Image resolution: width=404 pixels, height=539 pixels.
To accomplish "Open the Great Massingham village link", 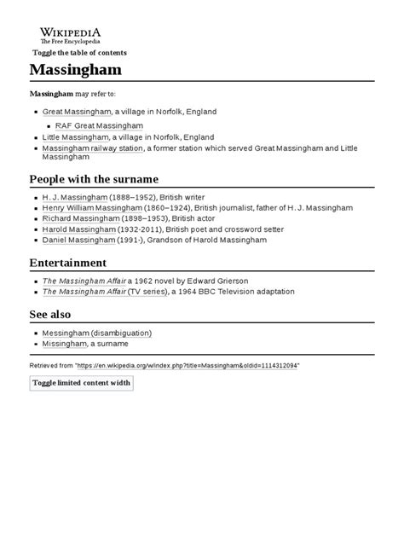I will (77, 112).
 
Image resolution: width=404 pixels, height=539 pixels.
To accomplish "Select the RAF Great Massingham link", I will (99, 125).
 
